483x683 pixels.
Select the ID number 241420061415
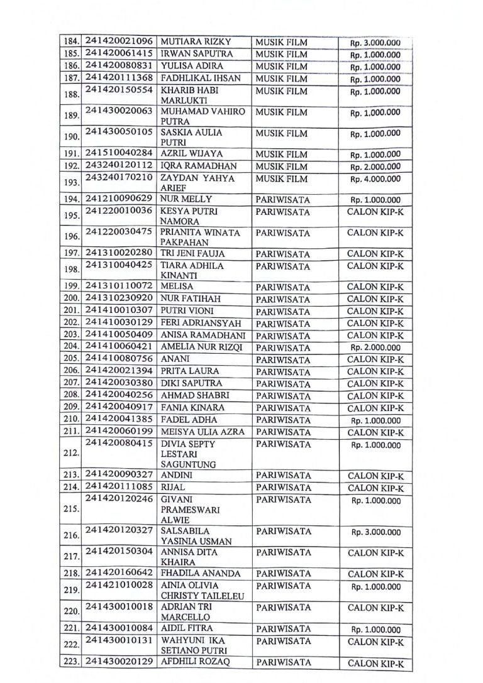coord(119,54)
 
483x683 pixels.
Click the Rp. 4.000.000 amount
coord(375,178)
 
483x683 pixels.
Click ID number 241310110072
coord(119,287)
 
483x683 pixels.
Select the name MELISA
coord(177,287)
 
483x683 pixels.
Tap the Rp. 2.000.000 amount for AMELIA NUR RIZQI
coord(375,347)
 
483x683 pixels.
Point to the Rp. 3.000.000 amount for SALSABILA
coord(375,532)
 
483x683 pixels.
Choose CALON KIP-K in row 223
coord(375,664)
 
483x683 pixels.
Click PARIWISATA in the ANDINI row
coord(284,476)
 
